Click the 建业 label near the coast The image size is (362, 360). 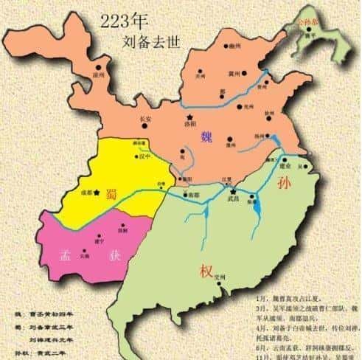pos(287,166)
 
